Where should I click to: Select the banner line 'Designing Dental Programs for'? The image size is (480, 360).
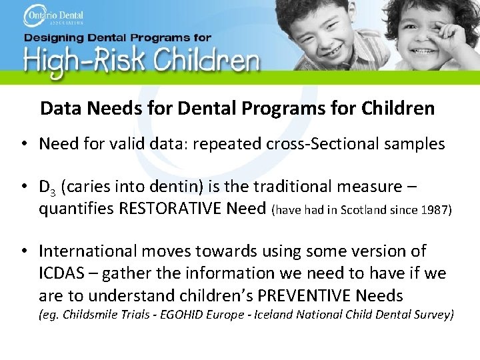[117, 38]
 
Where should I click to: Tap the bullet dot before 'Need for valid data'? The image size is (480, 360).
[23, 144]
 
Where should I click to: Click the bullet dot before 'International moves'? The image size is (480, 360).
[23, 251]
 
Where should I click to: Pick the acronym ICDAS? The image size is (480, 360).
[61, 273]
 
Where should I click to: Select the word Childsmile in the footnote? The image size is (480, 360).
[90, 314]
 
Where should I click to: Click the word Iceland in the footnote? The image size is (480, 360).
[274, 314]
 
